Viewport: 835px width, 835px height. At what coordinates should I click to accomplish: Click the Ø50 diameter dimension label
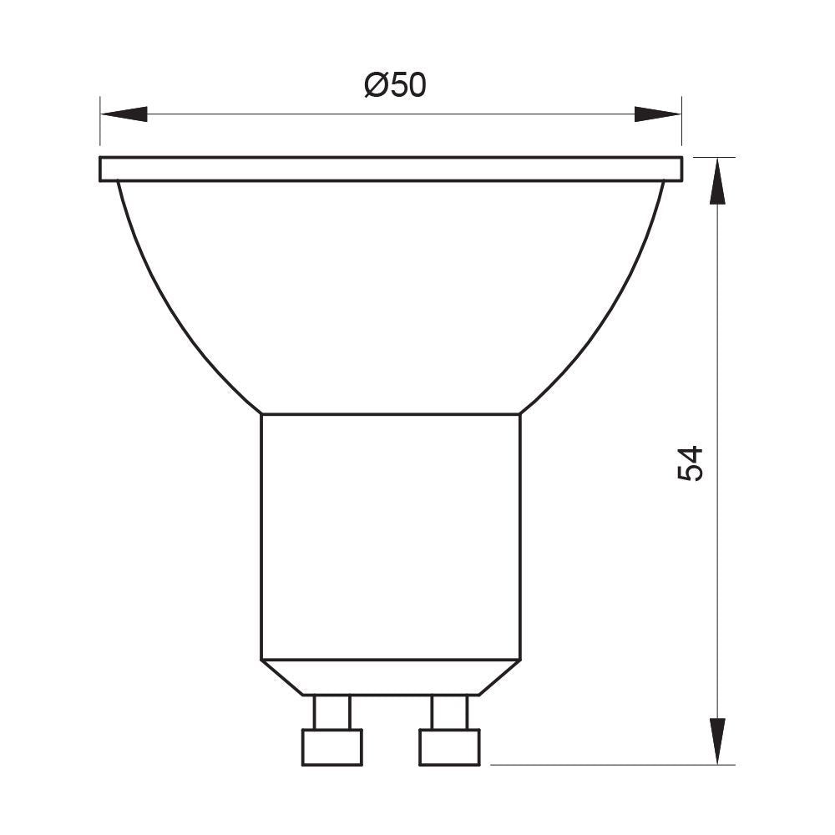pos(396,85)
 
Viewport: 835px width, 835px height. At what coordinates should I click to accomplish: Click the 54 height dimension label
pos(691,463)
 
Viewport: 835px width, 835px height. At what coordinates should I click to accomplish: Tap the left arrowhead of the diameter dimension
pos(124,114)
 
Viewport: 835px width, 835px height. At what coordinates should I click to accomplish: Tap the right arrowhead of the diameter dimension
pos(657,114)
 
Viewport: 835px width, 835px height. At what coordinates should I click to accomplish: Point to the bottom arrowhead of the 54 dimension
pos(717,740)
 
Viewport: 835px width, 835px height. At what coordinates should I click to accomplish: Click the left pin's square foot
pos(332,746)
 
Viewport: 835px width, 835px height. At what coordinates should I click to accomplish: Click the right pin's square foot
pos(450,746)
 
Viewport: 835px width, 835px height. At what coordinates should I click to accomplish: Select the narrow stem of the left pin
pos(332,712)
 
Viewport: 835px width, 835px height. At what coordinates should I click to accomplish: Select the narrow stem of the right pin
pos(450,712)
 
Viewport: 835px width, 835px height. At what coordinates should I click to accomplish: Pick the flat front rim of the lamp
pos(391,169)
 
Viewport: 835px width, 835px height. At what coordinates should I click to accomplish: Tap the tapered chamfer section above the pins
pos(391,677)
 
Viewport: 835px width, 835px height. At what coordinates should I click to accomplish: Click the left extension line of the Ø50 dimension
pos(100,125)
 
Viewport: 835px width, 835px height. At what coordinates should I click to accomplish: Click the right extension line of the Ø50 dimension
pos(682,125)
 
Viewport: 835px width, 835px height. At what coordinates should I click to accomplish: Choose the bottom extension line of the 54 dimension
pos(610,764)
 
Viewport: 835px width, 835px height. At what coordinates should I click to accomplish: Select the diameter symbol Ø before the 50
pos(375,85)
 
